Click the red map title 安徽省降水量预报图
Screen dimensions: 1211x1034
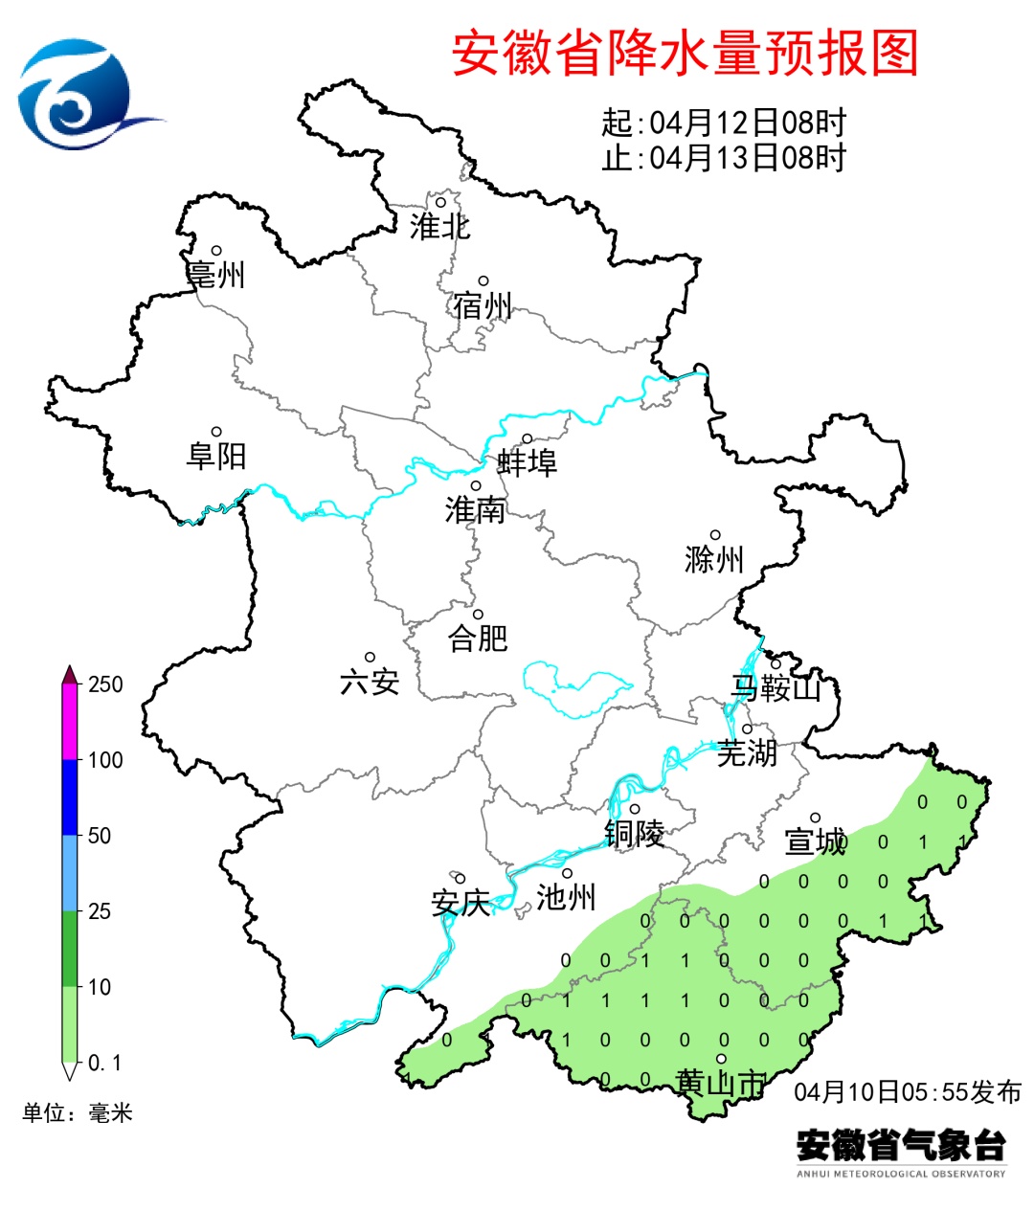(685, 53)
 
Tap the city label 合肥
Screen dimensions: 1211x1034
(478, 638)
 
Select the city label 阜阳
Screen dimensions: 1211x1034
(216, 456)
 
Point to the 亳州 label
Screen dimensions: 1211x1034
(216, 276)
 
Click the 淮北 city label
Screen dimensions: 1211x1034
(440, 227)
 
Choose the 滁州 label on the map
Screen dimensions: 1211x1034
(714, 559)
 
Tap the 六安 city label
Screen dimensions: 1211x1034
(370, 682)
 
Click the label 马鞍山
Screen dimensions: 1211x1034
(776, 687)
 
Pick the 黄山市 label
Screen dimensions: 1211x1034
(721, 1084)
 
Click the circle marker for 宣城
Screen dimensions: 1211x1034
(816, 818)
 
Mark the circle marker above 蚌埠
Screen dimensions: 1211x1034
(527, 438)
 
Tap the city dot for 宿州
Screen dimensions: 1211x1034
(483, 280)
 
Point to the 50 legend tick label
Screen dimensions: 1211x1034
(100, 836)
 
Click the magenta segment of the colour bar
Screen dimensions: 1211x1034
(70, 723)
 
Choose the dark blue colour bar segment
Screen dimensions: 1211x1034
(70, 797)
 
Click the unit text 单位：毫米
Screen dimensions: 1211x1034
(78, 1113)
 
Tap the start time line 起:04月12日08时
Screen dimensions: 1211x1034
(724, 123)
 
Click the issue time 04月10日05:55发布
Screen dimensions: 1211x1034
(907, 1092)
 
